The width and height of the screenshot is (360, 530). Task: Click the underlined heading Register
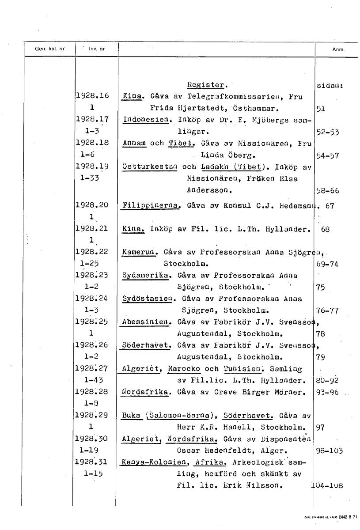pyautogui.click(x=206, y=85)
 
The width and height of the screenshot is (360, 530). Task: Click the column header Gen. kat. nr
pyautogui.click(x=49, y=49)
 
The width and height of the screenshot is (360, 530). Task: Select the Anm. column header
pyautogui.click(x=338, y=49)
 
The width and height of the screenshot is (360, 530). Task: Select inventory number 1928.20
pyautogui.click(x=93, y=205)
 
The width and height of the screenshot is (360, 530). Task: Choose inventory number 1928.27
pyautogui.click(x=93, y=369)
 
